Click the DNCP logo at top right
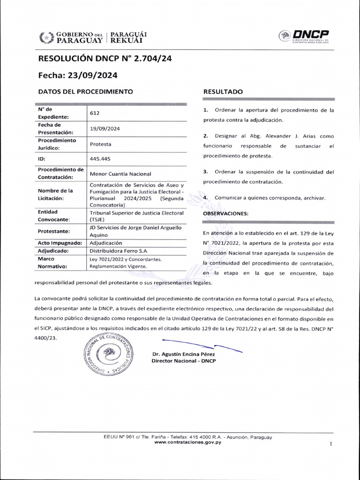[x=304, y=37]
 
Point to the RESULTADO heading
[x=223, y=92]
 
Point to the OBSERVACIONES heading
[x=225, y=213]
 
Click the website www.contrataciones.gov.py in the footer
[x=187, y=442]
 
